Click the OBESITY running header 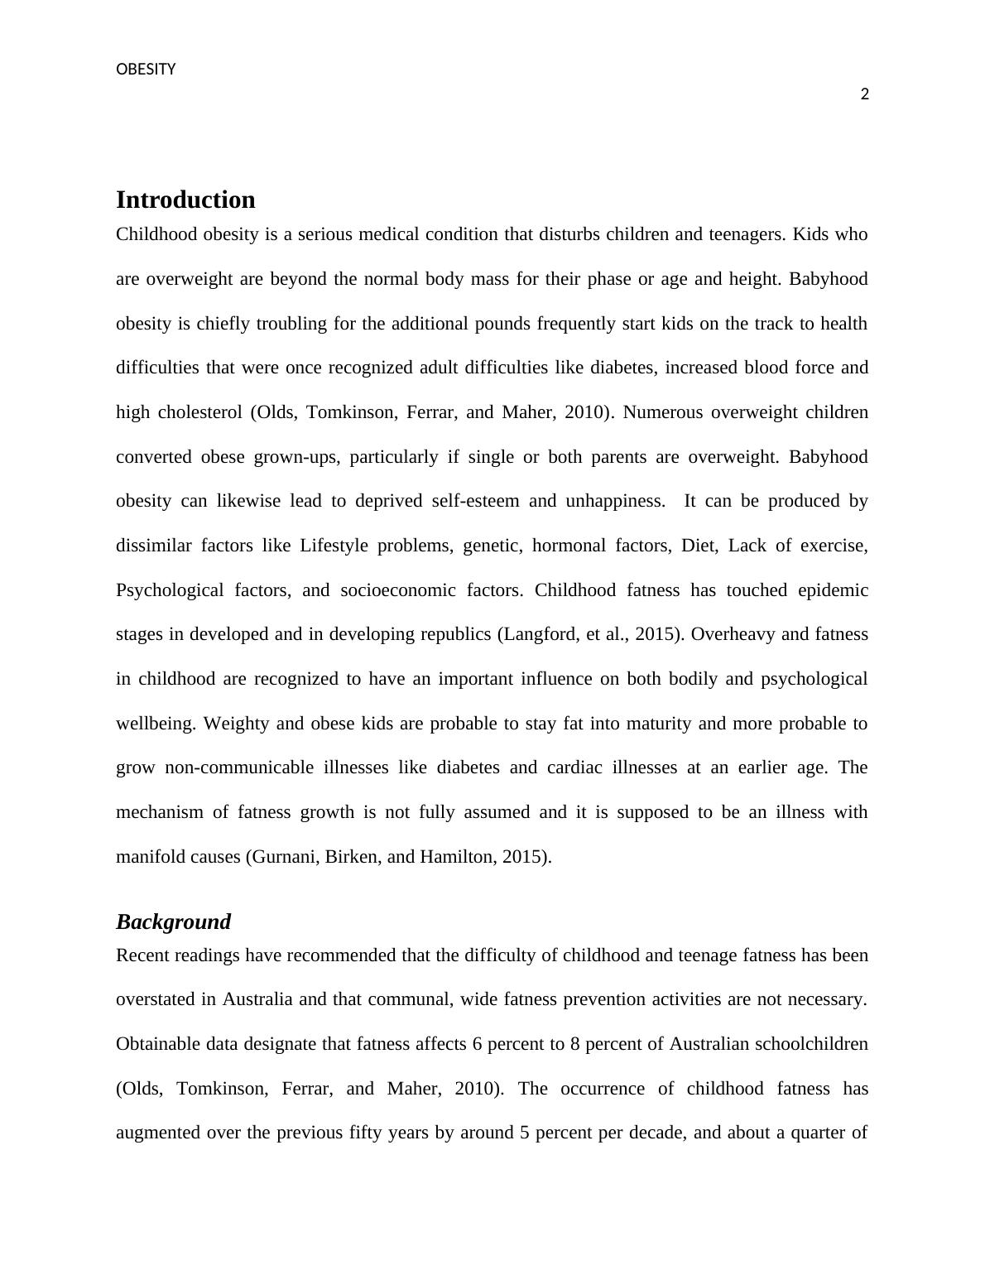click(146, 70)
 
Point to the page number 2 click(865, 94)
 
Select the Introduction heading click(185, 200)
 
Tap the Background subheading click(173, 921)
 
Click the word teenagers click(746, 234)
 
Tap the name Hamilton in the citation click(457, 857)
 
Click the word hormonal click(566, 546)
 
